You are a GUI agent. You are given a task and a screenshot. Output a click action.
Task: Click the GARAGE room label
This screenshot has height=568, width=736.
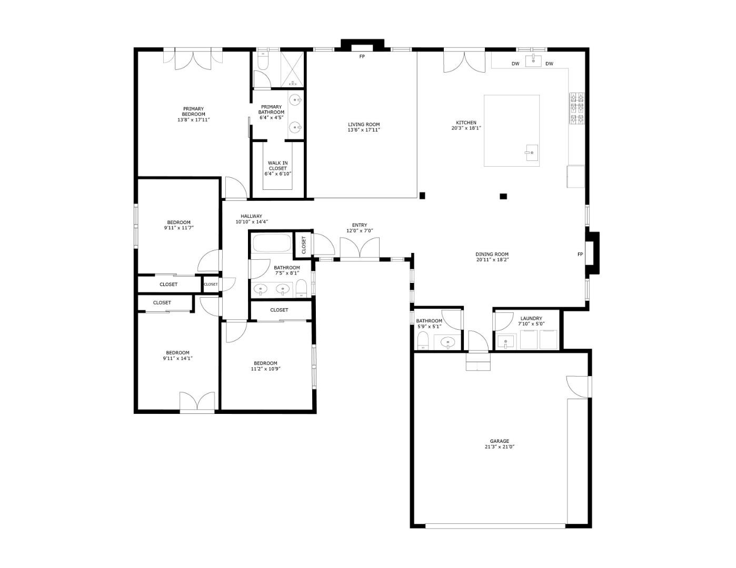pos(499,441)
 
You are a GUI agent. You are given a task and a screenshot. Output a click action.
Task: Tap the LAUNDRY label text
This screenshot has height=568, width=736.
pos(531,318)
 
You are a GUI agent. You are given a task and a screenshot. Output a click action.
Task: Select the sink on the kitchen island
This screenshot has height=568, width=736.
pos(531,154)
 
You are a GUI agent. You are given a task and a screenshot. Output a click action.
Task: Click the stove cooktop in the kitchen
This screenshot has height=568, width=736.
pos(577,108)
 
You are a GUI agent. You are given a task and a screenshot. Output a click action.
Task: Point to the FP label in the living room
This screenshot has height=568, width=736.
pos(362,56)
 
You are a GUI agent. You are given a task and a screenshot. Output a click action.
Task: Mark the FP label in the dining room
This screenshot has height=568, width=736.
pos(580,255)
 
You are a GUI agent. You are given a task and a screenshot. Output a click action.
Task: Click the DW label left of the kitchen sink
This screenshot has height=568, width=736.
pos(515,64)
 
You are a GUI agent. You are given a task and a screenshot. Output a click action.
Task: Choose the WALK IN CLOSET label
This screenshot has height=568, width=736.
pos(277,166)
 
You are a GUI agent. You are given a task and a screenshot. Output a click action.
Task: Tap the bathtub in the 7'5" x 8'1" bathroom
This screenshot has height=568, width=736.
pos(271,244)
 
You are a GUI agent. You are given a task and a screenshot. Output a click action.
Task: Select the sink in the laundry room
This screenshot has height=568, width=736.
pos(506,342)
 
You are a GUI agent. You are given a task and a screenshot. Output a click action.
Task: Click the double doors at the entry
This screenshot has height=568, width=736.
pos(360,248)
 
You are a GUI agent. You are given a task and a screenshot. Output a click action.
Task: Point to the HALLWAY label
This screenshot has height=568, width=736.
pos(251,216)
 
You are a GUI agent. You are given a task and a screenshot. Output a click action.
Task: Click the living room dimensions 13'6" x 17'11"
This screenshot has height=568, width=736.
pos(363,130)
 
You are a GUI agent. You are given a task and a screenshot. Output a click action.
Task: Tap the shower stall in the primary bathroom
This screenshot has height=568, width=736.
pos(293,69)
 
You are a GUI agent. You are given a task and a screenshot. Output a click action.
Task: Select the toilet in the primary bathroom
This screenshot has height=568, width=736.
pos(262,62)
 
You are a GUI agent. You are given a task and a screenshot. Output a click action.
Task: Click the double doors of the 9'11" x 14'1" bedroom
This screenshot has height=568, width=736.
pos(197,401)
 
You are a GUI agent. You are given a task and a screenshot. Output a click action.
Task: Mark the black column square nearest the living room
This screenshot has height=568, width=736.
pos(422,196)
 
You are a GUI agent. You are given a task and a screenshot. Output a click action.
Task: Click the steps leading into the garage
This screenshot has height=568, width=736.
pos(478,362)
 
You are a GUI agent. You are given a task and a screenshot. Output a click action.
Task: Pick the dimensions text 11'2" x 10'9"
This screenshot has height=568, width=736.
pos(265,369)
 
